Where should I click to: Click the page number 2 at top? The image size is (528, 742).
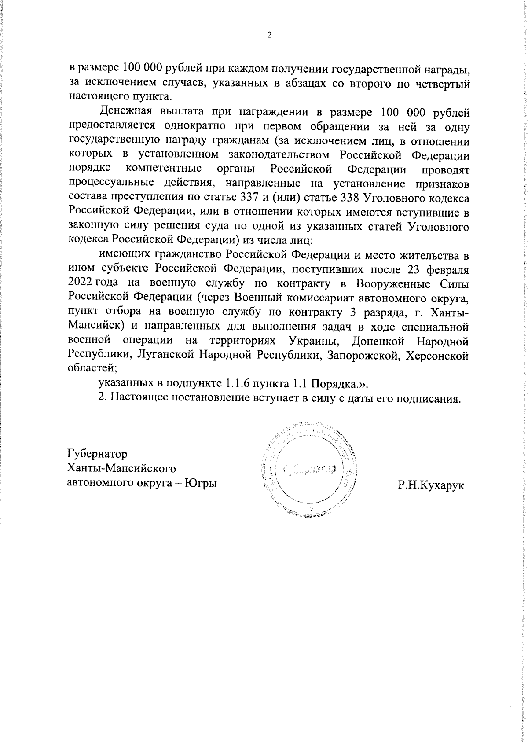269,36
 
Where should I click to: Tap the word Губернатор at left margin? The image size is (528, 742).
97,453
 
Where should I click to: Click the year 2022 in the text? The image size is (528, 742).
80,283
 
